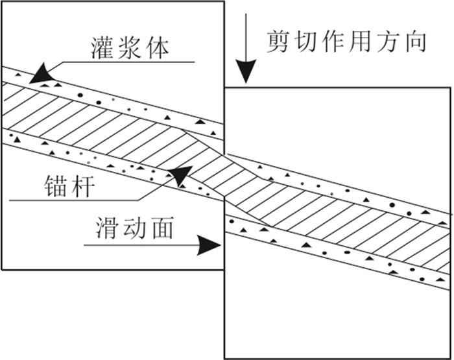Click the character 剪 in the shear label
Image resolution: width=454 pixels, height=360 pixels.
pyautogui.click(x=278, y=42)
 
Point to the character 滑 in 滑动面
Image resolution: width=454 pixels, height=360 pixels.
pyautogui.click(x=106, y=228)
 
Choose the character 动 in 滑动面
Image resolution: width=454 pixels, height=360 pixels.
pyautogui.click(x=134, y=228)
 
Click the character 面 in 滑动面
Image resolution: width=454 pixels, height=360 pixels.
pyautogui.click(x=161, y=228)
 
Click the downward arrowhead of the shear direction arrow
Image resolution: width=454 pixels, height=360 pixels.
pyautogui.click(x=246, y=70)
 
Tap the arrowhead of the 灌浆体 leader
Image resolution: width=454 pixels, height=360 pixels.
pyautogui.click(x=42, y=74)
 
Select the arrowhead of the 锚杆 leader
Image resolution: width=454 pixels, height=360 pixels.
pyautogui.click(x=180, y=174)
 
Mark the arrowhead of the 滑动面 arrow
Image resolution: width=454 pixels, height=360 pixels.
pyautogui.click(x=208, y=245)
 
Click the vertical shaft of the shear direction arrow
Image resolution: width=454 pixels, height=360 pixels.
pyautogui.click(x=246, y=37)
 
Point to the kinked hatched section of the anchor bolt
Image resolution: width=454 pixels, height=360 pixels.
pyautogui.click(x=224, y=177)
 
